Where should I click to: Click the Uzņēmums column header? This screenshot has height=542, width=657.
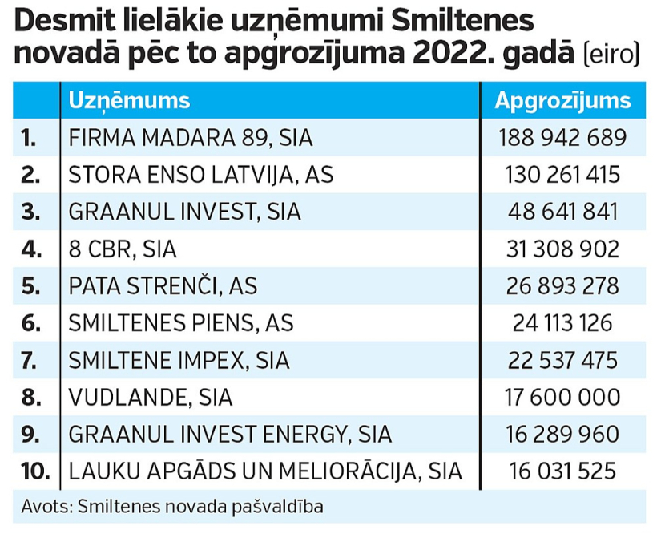129,100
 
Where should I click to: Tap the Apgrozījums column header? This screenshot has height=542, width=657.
562,100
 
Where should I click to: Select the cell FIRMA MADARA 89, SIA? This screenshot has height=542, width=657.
191,137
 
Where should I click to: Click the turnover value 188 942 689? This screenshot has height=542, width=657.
562,137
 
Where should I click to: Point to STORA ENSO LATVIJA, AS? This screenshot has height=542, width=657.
201,174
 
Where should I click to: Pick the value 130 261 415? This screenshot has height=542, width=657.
562,174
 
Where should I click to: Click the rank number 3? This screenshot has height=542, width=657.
30,212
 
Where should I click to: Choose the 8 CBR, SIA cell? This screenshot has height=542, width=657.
123,249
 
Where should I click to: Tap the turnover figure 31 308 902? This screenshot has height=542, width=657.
562,249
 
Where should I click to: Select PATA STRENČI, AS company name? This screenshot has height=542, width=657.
163,286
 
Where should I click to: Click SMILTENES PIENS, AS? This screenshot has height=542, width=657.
181,323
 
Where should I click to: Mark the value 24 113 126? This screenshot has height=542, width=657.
562,323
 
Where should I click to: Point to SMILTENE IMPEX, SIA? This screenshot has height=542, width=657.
179,360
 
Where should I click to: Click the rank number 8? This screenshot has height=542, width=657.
31,397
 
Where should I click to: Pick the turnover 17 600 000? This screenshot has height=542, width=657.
562,397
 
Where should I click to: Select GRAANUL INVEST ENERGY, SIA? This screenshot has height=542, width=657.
230,434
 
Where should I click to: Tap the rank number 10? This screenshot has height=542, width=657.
35,471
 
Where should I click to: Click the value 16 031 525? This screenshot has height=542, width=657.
562,471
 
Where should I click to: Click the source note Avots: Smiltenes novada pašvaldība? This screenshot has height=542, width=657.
172,507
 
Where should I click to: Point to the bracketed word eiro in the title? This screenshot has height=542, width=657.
611,55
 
